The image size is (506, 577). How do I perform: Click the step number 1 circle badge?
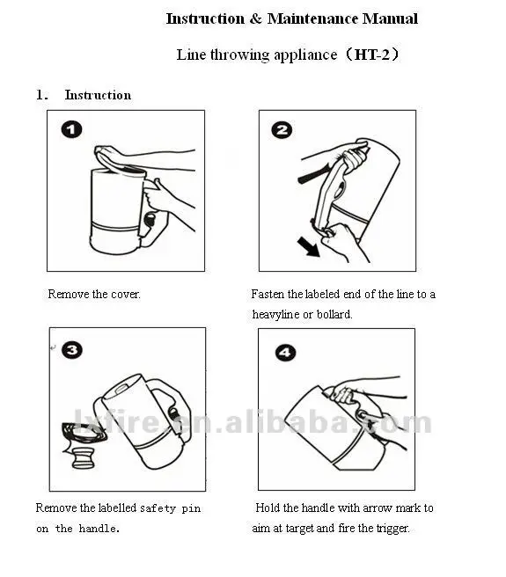coord(71,129)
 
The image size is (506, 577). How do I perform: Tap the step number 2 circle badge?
coord(282,130)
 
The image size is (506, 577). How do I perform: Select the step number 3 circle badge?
coord(72,349)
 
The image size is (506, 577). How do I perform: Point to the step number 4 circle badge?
coord(285,353)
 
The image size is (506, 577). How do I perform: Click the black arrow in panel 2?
coord(309,246)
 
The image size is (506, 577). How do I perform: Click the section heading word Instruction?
coord(98,95)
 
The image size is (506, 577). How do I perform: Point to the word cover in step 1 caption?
coord(126,295)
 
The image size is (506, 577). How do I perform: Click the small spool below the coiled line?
coord(84,458)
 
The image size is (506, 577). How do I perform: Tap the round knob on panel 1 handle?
coord(150,219)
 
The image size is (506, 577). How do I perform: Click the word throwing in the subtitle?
coord(239,55)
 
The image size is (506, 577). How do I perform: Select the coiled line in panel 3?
coord(84,433)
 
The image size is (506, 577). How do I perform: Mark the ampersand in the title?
coord(255,18)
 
